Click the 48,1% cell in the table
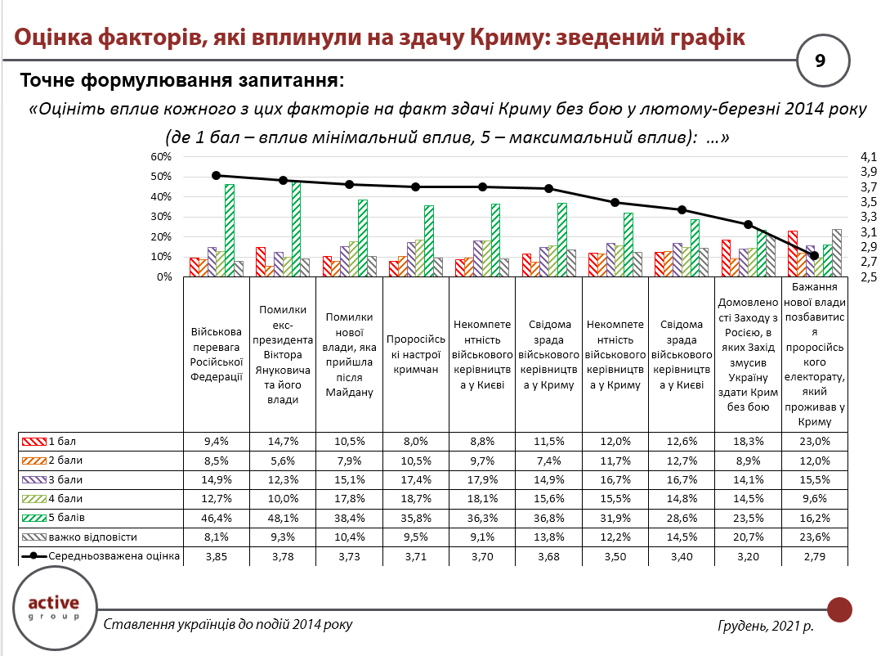pyautogui.click(x=283, y=519)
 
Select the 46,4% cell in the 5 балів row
pyautogui.click(x=217, y=519)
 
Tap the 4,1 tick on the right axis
pyautogui.click(x=867, y=156)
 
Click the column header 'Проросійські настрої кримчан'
pyautogui.click(x=415, y=354)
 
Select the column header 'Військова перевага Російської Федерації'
pyautogui.click(x=217, y=354)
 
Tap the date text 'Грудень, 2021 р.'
pyautogui.click(x=765, y=626)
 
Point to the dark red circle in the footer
pyautogui.click(x=839, y=609)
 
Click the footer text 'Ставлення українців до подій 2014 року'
pyautogui.click(x=229, y=625)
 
